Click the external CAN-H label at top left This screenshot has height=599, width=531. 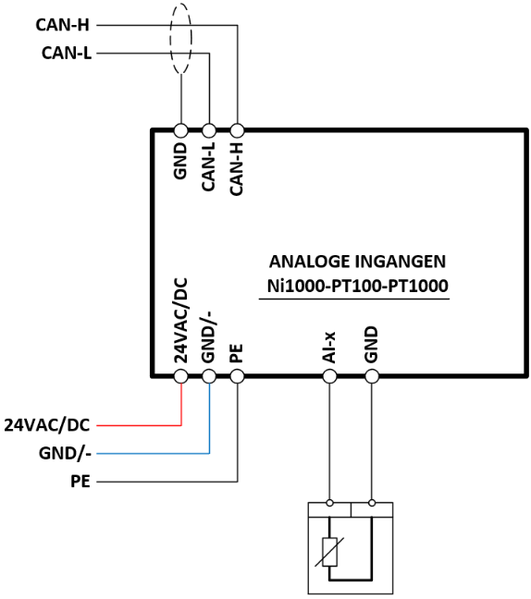click(x=62, y=25)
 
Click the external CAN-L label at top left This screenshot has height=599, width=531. click(x=67, y=53)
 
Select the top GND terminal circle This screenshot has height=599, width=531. click(x=180, y=130)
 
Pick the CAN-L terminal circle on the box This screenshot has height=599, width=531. click(x=209, y=130)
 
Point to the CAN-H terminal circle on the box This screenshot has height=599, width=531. click(x=237, y=130)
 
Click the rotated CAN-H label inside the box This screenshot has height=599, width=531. click(x=237, y=169)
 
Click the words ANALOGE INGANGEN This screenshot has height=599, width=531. click(x=357, y=262)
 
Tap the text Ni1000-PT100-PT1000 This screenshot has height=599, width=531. click(x=357, y=286)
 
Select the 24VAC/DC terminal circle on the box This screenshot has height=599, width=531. click(x=180, y=376)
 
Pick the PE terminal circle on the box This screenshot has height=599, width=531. click(x=237, y=376)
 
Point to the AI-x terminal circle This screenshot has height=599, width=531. click(x=329, y=376)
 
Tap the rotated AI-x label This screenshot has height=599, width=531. click(x=329, y=348)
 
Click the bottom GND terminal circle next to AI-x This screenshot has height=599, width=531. click(x=372, y=376)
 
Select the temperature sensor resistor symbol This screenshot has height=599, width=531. click(x=329, y=552)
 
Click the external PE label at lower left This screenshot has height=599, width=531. click(x=80, y=482)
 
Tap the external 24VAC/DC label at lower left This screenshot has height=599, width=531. click(x=46, y=425)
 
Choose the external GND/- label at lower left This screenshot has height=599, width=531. click(x=65, y=454)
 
